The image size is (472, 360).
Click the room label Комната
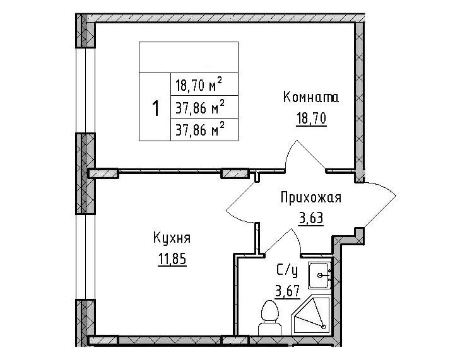pos(311,98)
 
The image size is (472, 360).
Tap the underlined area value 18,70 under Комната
pos(311,118)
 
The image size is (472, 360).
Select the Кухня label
pos(172,238)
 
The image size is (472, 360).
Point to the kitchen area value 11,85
pos(172,258)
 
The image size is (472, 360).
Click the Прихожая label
pos(311,199)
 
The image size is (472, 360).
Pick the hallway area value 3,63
pos(311,218)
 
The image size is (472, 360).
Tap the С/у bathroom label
pos(287,270)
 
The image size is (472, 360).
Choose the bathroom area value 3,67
pos(288,291)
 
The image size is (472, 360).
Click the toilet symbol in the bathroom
pos(269,318)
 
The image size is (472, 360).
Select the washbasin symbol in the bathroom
pos(319,275)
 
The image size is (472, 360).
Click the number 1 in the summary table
pos(155,108)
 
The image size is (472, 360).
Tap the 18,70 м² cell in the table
pos(204,84)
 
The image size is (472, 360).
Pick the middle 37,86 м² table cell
pos(204,107)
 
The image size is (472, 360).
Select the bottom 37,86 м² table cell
pos(204,130)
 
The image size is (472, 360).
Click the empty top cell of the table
pos(189,57)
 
